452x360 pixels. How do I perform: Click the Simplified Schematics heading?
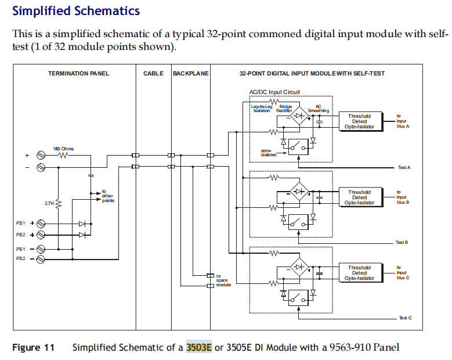point(76,11)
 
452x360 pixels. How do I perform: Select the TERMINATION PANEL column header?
point(78,74)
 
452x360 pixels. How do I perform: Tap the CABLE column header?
point(153,74)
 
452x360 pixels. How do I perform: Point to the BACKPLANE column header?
point(190,74)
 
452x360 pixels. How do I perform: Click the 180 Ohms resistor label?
point(63,149)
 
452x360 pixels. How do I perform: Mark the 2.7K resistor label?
point(49,203)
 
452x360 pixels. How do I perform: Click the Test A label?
point(404,167)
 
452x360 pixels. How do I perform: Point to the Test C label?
point(405,318)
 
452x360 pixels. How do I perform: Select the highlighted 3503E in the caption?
point(199,347)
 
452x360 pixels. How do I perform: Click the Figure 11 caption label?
point(34,347)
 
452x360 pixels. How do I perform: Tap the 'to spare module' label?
point(223,280)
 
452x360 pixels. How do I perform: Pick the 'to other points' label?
point(107,196)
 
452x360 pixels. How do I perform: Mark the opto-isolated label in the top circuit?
point(268,153)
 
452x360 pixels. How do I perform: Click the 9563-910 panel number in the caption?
point(346,347)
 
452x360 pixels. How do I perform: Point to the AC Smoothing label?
point(318,109)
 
